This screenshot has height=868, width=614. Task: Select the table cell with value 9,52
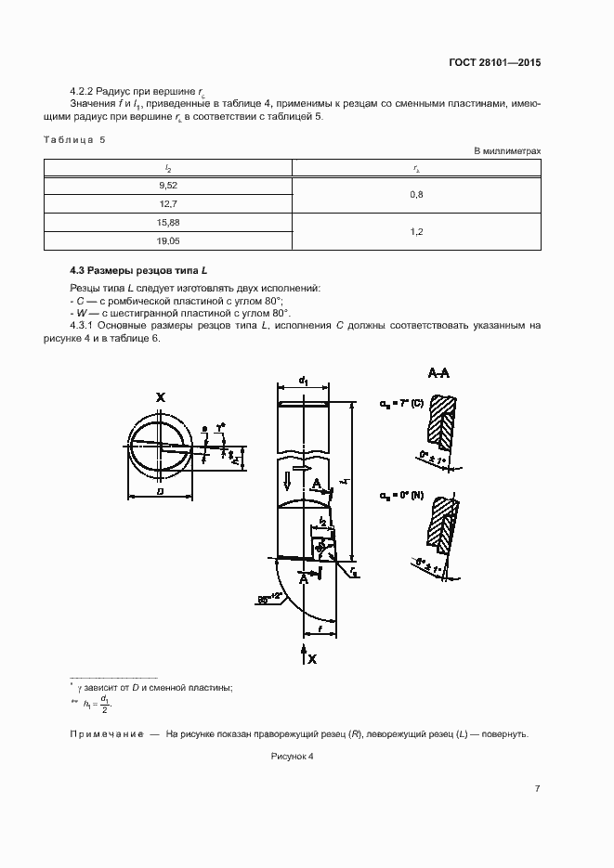[168, 186]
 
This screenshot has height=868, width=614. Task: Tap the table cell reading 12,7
[168, 203]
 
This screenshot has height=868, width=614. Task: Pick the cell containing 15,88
[168, 223]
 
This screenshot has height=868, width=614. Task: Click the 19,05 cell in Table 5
[168, 240]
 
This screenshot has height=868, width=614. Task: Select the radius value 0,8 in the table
[417, 195]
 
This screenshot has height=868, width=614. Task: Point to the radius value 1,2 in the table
[417, 232]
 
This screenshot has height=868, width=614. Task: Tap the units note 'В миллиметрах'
[507, 149]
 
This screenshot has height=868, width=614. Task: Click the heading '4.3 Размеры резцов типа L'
[139, 270]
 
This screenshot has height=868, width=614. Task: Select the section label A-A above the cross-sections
[439, 372]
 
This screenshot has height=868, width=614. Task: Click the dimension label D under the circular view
[161, 489]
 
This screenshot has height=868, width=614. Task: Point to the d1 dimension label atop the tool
[304, 379]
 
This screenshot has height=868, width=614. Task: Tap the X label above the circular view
[161, 397]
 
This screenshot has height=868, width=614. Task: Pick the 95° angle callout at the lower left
[270, 600]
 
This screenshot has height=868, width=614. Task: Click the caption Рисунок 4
[293, 757]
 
